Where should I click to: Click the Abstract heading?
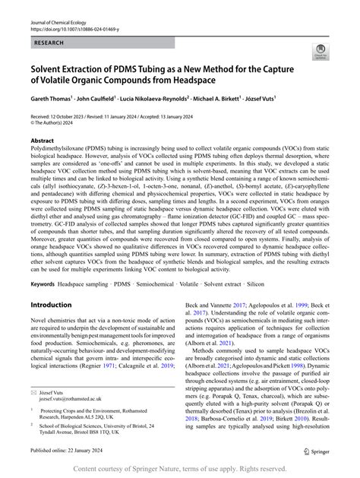click(43, 141)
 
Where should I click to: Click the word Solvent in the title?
click(50, 68)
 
